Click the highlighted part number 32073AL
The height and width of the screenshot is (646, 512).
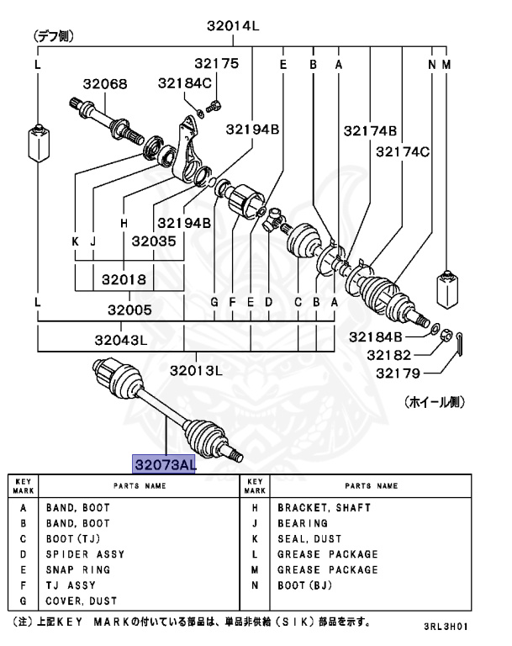(164, 464)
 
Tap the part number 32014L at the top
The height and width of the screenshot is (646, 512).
(233, 26)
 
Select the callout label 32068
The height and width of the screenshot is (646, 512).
(105, 84)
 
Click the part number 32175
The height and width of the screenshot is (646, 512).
(217, 63)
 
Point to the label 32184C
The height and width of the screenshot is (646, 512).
(184, 83)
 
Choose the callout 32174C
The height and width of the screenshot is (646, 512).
(403, 152)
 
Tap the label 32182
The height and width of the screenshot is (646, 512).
(389, 355)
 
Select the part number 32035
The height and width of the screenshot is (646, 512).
(154, 241)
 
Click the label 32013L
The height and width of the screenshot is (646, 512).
(196, 371)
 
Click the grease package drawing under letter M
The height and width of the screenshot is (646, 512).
(447, 289)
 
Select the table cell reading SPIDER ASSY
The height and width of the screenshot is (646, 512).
(85, 554)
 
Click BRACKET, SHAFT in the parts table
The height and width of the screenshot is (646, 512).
(325, 507)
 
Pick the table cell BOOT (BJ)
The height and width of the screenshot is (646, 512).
(305, 585)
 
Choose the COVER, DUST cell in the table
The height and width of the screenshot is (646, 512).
(82, 601)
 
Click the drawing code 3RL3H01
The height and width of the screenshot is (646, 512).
(446, 626)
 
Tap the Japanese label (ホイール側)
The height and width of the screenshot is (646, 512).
(435, 402)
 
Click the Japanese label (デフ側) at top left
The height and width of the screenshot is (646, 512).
(54, 36)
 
